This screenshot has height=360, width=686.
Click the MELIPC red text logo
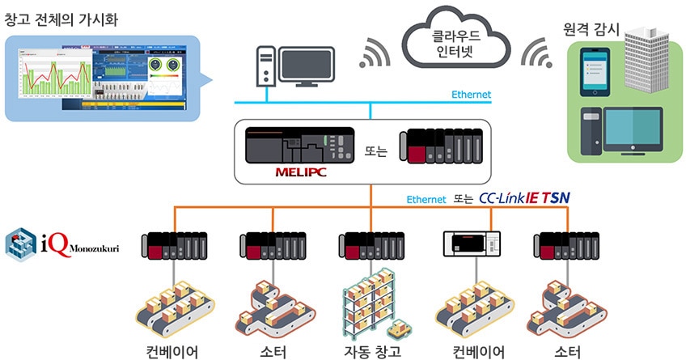tap(301, 171)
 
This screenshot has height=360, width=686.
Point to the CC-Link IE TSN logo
tap(524, 198)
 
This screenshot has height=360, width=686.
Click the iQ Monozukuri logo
tap(61, 244)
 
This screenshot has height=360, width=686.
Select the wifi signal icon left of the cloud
tap(374, 53)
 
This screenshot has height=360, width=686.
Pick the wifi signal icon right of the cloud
tap(537, 53)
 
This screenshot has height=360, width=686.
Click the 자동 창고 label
tap(371, 351)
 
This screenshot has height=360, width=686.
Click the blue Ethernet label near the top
tap(470, 95)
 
